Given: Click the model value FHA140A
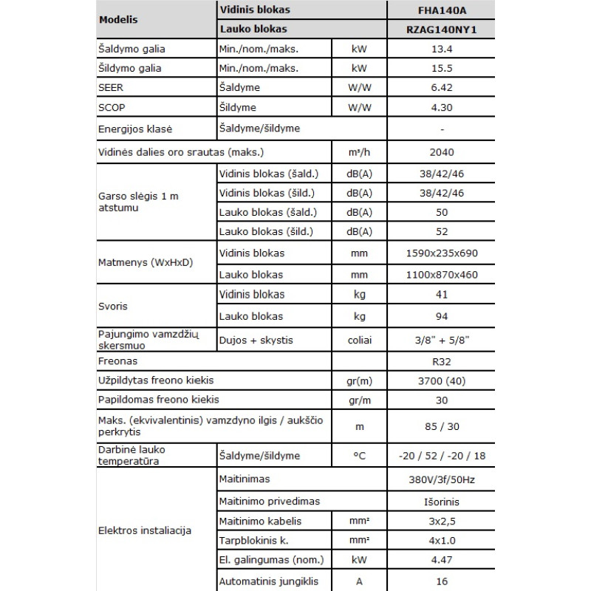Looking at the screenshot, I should pos(441,10).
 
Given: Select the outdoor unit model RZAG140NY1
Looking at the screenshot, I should pos(441,30).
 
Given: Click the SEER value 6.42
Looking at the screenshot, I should pos(441,88).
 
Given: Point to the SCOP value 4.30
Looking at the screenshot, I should pos(441,107).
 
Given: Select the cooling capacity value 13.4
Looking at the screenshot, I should pos(441,49).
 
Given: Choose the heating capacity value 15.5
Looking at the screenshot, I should pos(441,69).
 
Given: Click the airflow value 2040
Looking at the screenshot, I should pos(441,153).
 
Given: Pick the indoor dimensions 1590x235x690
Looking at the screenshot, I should pos(441,253).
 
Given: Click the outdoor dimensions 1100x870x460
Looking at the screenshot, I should pos(441,275).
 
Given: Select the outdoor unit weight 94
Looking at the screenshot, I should pos(441,316).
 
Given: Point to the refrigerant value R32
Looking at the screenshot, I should pos(441,362).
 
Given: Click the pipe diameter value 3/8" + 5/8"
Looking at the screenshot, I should pos(441,340).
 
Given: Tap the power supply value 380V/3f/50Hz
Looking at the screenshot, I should pos(441,480).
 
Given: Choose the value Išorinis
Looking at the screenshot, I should pos(441,502).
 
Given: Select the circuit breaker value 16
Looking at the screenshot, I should pos(441,581).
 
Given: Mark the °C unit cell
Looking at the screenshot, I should pos(359,456).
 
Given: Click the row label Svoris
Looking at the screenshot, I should pos(113,305).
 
